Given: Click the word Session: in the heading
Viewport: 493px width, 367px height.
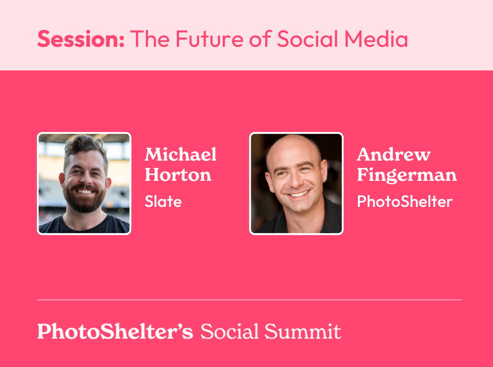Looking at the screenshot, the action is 81,39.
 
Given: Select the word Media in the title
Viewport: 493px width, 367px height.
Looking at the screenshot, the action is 376,39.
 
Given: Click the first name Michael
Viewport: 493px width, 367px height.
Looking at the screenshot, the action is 180,154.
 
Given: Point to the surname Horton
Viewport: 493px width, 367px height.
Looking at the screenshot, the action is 178,175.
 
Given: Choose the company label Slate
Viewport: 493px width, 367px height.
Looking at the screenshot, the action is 163,201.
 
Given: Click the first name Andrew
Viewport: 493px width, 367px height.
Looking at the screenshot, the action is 393,155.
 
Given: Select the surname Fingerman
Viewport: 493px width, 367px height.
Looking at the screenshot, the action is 407,175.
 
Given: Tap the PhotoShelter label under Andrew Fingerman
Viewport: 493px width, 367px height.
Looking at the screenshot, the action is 405,201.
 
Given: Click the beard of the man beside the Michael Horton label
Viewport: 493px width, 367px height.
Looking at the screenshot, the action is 84,200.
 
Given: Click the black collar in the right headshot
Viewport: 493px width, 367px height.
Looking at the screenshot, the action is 327,217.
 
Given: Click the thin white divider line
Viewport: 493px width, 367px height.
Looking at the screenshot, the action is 249,300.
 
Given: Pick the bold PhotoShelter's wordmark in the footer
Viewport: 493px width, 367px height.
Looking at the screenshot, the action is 115,331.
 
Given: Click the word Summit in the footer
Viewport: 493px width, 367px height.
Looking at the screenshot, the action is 303,331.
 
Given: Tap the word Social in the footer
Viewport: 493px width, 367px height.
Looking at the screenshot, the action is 230,331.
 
